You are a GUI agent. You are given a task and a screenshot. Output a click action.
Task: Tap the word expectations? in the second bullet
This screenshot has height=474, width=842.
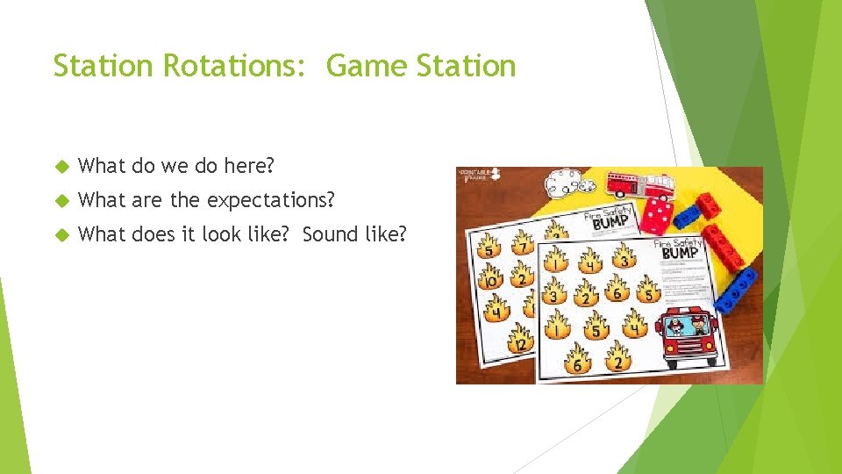(x=270, y=200)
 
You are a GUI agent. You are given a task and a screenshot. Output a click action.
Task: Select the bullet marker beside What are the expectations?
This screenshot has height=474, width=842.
(x=61, y=201)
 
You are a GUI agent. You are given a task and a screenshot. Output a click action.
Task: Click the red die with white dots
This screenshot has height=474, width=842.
(x=658, y=211)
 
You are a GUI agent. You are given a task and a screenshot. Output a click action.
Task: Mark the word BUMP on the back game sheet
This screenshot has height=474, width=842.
(x=610, y=225)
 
